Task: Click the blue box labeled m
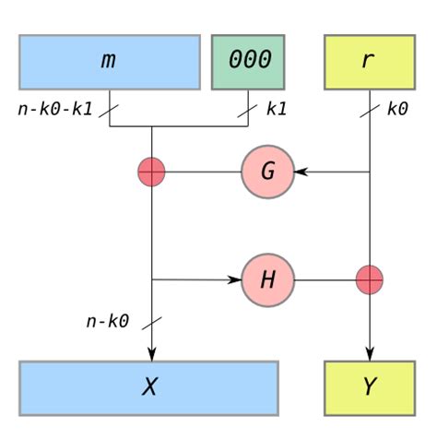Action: point(110,62)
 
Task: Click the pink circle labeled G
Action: point(268,172)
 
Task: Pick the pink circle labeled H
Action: point(268,279)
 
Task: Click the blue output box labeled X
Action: point(149,386)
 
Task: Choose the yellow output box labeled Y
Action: point(369,386)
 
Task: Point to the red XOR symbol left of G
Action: point(151,172)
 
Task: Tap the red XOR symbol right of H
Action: point(370,279)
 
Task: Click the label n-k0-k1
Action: point(54,108)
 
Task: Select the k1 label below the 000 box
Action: point(276,108)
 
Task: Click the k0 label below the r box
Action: point(397,108)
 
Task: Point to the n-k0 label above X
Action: point(108,322)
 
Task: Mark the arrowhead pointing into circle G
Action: point(301,172)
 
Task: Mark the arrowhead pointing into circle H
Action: point(235,279)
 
